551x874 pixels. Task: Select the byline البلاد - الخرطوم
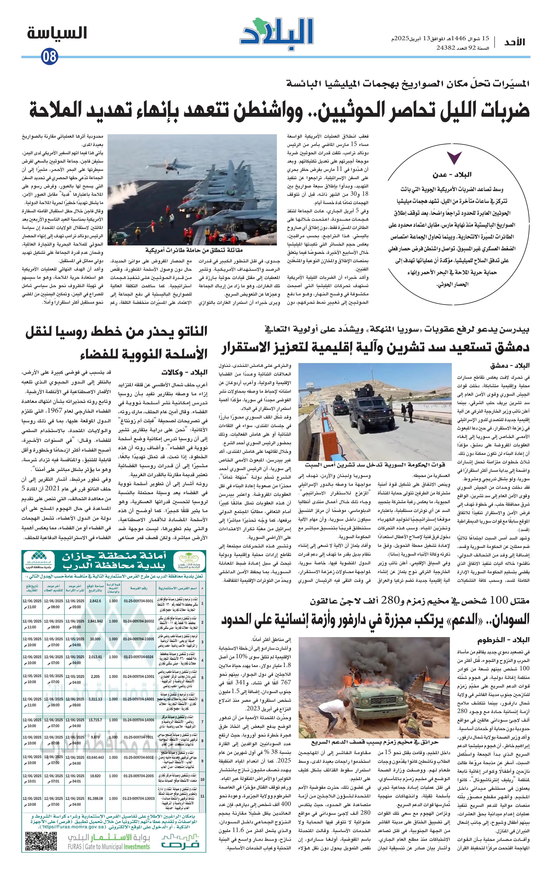click(503, 639)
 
